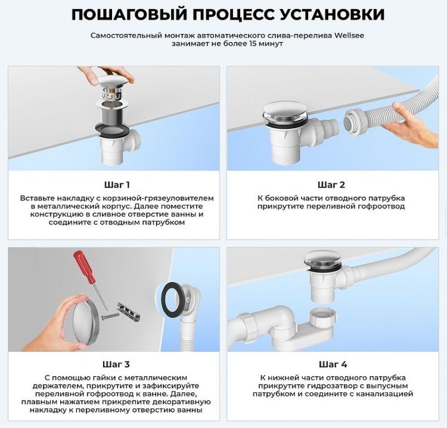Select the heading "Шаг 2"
tap(331, 185)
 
